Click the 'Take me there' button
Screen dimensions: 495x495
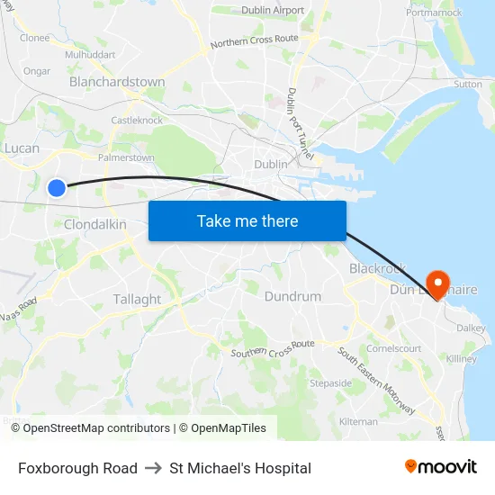point(247,220)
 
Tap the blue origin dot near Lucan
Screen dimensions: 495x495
point(56,187)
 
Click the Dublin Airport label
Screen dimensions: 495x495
point(273,11)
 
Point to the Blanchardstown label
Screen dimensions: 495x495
point(117,82)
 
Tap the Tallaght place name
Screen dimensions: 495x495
point(137,299)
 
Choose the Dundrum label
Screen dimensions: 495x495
point(292,296)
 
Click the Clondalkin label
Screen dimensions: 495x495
point(95,224)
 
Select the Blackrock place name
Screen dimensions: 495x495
point(378,268)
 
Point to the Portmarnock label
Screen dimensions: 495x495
point(434,13)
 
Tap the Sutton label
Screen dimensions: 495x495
point(468,84)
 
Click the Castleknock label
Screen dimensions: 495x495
point(137,120)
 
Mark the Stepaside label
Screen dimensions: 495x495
point(330,382)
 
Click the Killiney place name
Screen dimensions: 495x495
point(462,358)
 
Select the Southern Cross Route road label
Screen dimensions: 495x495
point(273,349)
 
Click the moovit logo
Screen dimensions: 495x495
point(441,467)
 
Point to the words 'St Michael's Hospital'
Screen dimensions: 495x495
point(240,468)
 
